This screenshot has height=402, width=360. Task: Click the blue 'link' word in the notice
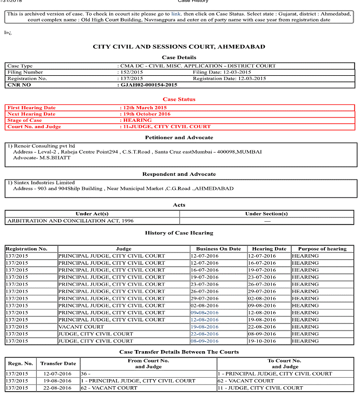pos(176,13)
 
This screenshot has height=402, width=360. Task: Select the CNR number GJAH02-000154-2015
pos(149,85)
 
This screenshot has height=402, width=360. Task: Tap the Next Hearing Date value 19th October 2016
pos(146,114)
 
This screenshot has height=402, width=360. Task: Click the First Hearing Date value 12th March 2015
pos(143,108)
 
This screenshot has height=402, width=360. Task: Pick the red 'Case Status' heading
pos(179,99)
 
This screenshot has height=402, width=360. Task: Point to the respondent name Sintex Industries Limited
pos(41,183)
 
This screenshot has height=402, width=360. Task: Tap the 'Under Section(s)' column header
pos(266,214)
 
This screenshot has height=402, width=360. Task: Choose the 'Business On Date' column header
pos(218,249)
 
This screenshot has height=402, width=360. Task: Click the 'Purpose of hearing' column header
pos(322,249)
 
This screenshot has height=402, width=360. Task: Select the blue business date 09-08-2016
pos(205,313)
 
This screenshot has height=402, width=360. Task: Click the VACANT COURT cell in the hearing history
pos(81,327)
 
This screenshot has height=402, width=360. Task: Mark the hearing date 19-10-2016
pos(261,341)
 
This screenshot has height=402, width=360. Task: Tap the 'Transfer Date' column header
pos(58,364)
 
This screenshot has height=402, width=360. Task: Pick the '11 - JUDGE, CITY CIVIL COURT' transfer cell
pos(259,388)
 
